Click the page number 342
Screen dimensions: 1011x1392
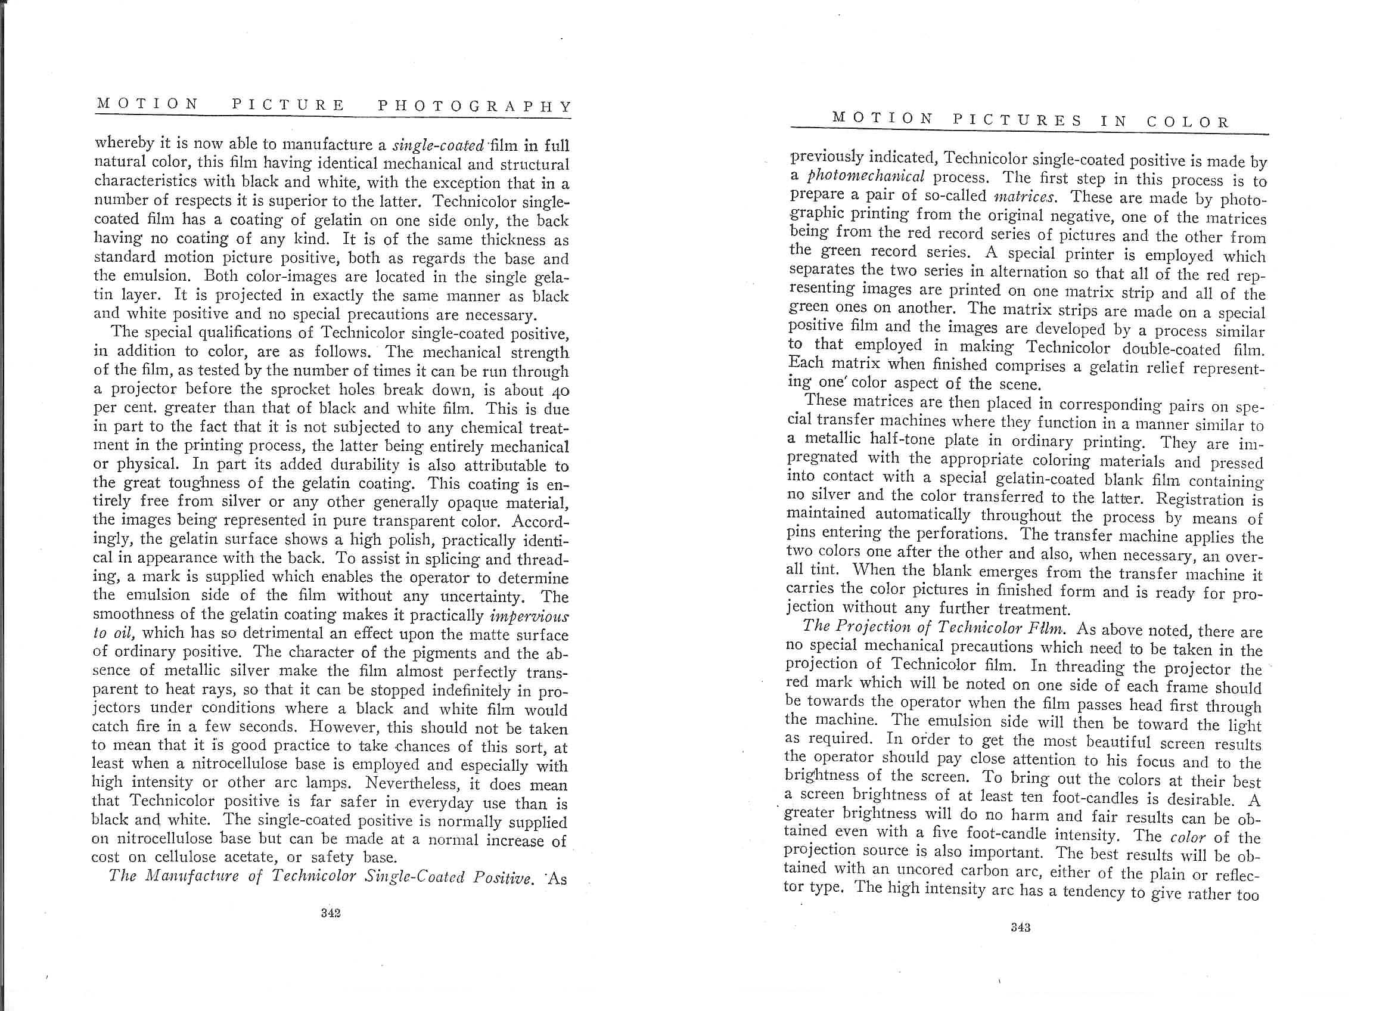click(330, 913)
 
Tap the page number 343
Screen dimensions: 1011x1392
click(1020, 928)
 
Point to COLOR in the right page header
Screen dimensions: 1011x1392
click(1188, 122)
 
